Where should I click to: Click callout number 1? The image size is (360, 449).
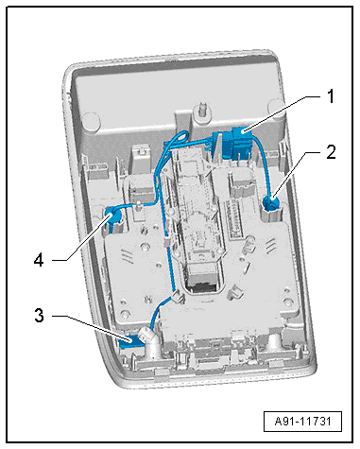tap(330, 96)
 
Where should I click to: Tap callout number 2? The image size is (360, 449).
tap(331, 153)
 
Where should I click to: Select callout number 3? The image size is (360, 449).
tap(39, 316)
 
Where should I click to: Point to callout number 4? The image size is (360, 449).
tap(39, 261)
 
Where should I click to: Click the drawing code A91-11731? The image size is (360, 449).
tap(302, 422)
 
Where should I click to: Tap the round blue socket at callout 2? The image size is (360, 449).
tap(271, 202)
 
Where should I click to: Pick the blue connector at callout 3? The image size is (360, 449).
tap(129, 341)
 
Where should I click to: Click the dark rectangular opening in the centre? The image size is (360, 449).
tap(200, 280)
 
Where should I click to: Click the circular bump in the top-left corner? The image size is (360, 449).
tap(91, 120)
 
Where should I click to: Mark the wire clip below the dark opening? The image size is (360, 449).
tap(177, 297)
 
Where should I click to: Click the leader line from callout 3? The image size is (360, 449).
tap(92, 327)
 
